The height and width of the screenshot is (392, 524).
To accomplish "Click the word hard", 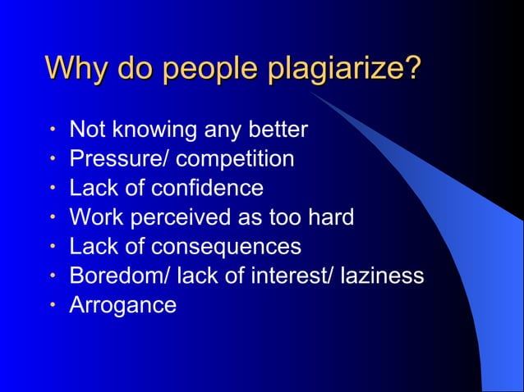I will [328, 217].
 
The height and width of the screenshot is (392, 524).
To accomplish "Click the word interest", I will [287, 276].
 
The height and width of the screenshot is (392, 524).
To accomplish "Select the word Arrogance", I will [123, 305].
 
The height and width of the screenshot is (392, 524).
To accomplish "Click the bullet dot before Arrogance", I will [52, 305].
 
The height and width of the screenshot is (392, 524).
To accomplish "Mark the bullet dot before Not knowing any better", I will [52, 130].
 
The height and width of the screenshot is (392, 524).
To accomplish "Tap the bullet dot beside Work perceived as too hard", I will [52, 217].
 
